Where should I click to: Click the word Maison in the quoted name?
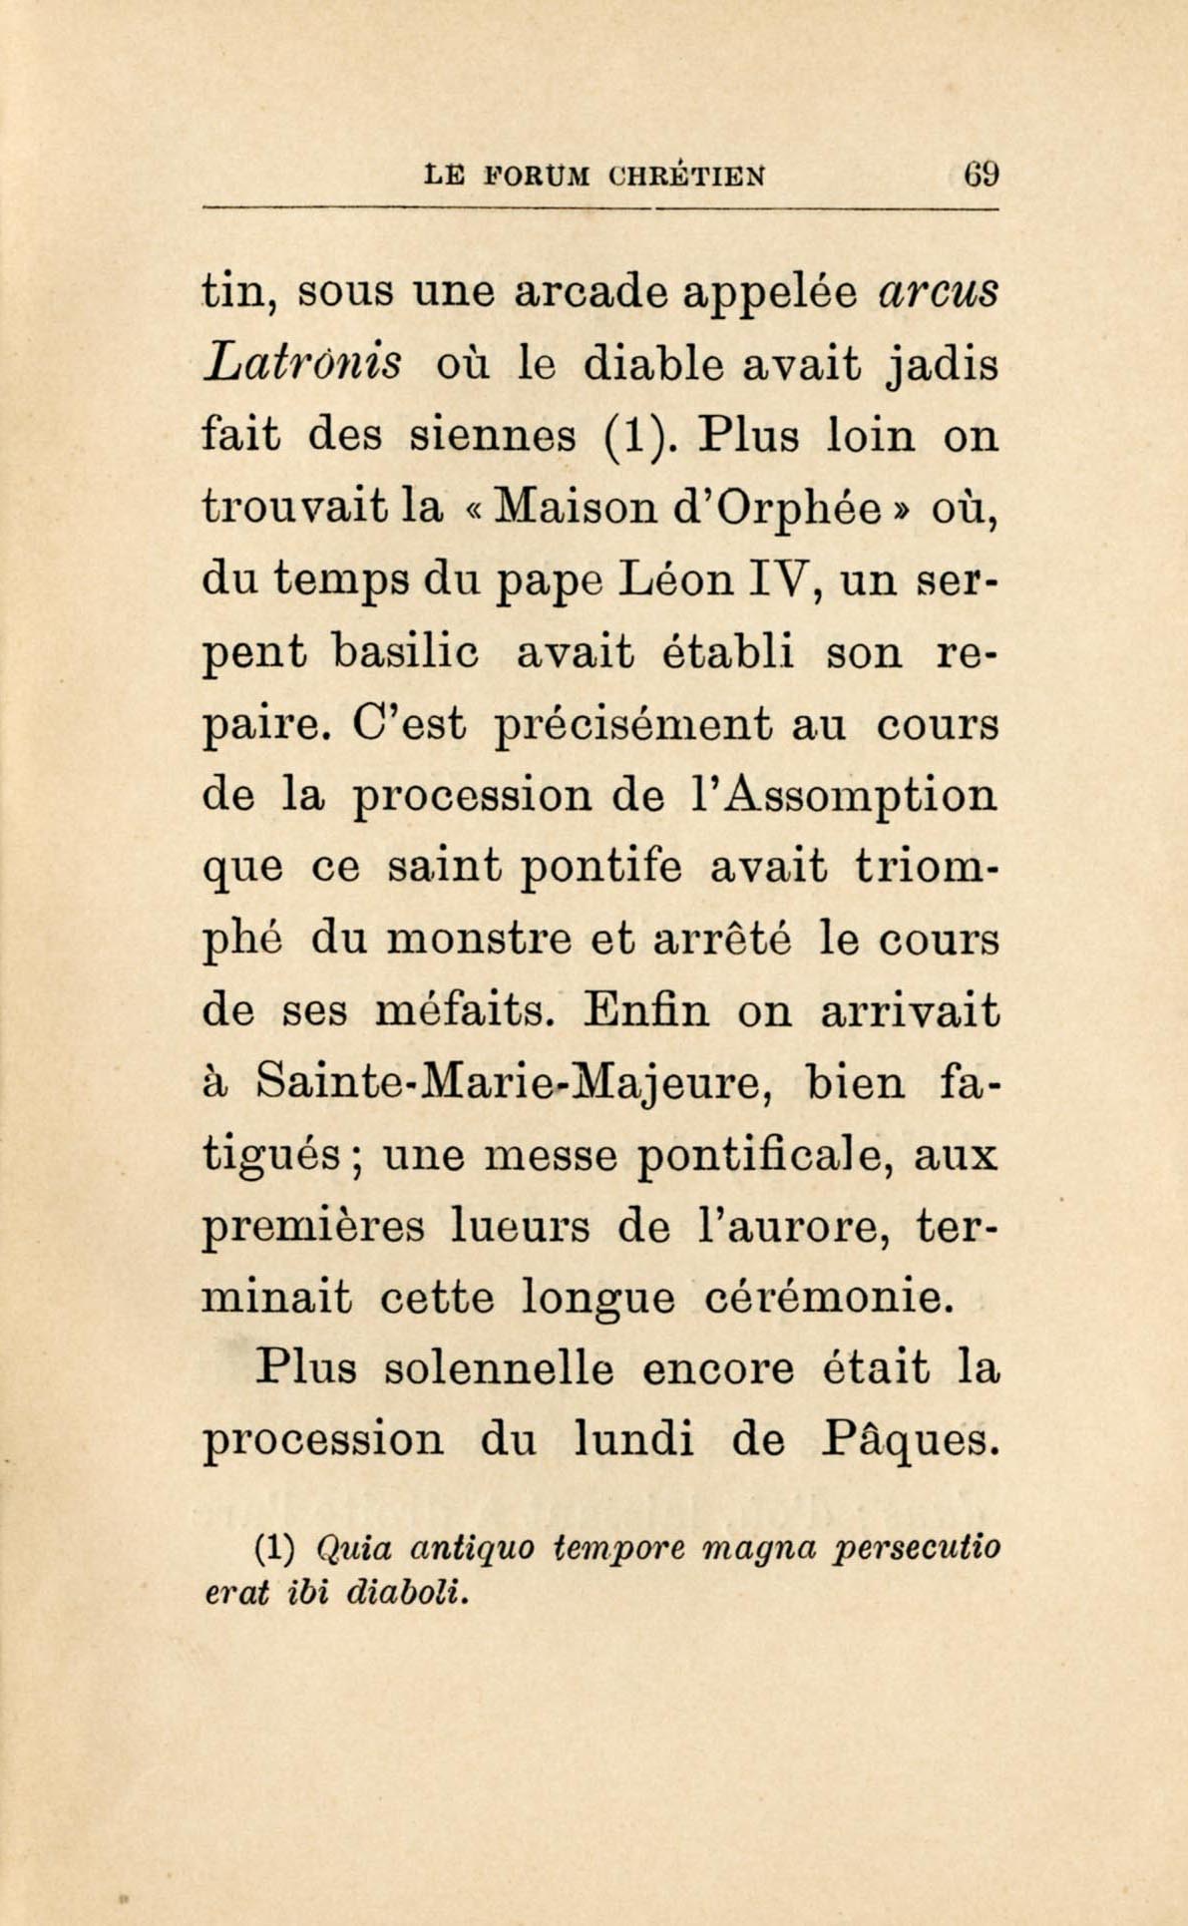(x=568, y=508)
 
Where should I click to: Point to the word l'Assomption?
(x=836, y=796)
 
